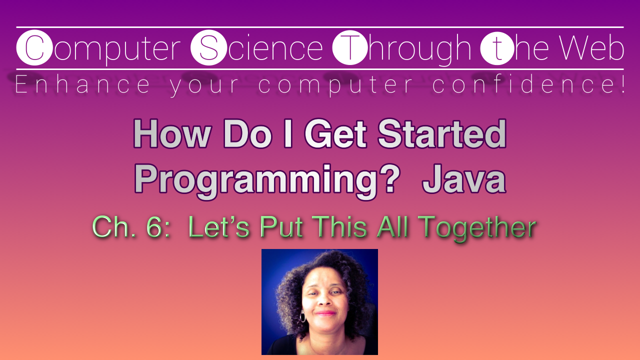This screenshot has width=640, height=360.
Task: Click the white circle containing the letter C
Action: (x=34, y=48)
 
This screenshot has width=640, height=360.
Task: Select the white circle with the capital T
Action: (x=350, y=48)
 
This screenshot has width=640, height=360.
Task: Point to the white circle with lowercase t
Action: (x=496, y=48)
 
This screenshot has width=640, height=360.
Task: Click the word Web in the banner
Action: (x=591, y=48)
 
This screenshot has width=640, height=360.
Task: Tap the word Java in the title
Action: (x=464, y=179)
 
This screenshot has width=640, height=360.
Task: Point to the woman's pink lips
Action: (x=325, y=313)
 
